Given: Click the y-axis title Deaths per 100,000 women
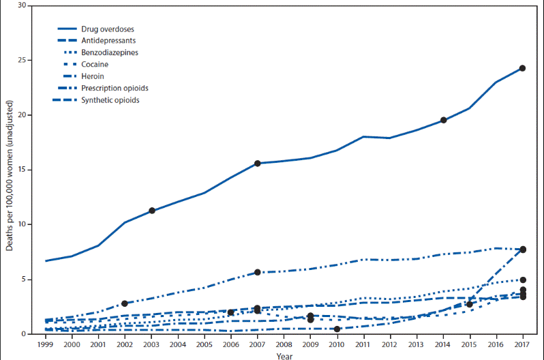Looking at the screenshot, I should tap(10, 170).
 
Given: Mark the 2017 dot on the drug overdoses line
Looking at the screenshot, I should tap(522, 68).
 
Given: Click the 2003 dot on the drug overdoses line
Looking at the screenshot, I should tap(151, 211).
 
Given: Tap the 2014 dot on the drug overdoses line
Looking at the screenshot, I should tap(443, 120).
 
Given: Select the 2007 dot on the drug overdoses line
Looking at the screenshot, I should tap(257, 164).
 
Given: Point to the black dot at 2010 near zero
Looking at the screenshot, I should tap(337, 329).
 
